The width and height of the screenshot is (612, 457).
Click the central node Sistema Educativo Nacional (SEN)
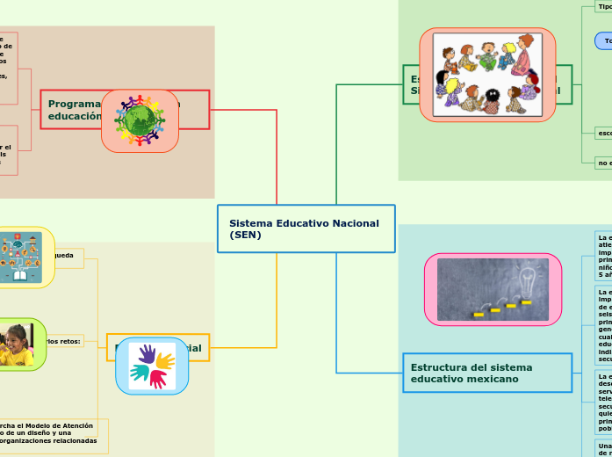pyautogui.click(x=305, y=228)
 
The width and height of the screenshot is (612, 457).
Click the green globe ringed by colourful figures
pyautogui.click(x=140, y=120)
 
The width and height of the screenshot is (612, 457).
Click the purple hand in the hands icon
pyautogui.click(x=147, y=355)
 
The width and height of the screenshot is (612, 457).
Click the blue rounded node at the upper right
pyautogui.click(x=604, y=41)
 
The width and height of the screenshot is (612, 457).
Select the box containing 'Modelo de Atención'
pyautogui.click(x=53, y=433)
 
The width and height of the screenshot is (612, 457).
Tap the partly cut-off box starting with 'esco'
pyautogui.click(x=603, y=133)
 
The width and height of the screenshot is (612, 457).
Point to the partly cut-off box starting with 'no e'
pyautogui.click(x=603, y=163)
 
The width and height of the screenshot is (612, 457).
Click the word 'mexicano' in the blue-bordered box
pyautogui.click(x=491, y=379)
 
